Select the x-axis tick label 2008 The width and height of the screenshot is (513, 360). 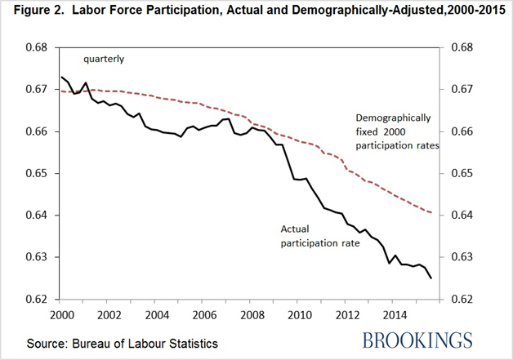click(x=252, y=314)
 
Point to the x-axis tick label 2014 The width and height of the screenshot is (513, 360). click(x=396, y=314)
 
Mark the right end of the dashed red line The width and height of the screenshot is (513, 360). click(x=431, y=212)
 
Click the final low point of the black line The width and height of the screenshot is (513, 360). click(x=431, y=278)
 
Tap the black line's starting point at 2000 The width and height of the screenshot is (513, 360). click(x=61, y=77)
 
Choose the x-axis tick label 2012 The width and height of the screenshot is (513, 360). click(x=348, y=314)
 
